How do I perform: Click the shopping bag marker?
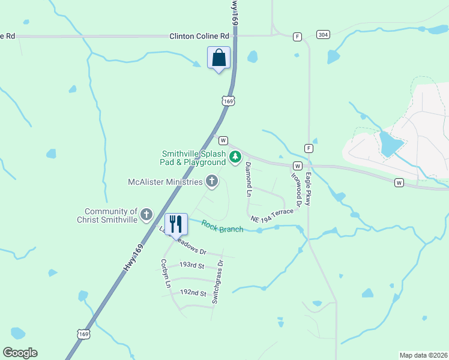(218, 58)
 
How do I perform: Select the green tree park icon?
(235, 158)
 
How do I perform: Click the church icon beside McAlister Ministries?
(211, 181)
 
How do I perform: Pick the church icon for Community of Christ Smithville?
(146, 215)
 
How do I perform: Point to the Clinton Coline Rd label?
(199, 36)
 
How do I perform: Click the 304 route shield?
(323, 34)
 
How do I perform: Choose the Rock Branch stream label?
(222, 226)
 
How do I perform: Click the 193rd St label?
(193, 265)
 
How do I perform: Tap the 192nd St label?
(193, 293)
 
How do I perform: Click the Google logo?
(20, 352)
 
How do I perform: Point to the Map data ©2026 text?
(423, 355)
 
